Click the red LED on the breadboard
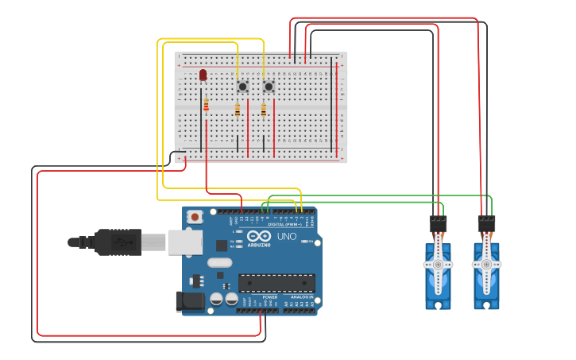(x=203, y=74)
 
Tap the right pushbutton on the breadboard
(x=269, y=86)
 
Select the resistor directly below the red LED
(x=207, y=105)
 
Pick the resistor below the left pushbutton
(x=237, y=110)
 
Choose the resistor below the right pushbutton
(x=264, y=110)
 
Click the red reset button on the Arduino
(x=195, y=216)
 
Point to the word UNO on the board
(x=286, y=237)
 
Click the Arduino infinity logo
(x=258, y=236)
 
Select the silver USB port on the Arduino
(x=184, y=242)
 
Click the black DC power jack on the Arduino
(x=189, y=300)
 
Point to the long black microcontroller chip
(x=276, y=283)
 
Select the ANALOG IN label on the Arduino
(x=300, y=297)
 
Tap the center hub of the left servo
(x=438, y=265)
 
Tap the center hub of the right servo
(x=485, y=265)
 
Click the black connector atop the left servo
(x=438, y=224)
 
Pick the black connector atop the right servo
(x=486, y=224)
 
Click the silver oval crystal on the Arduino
(x=219, y=262)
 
